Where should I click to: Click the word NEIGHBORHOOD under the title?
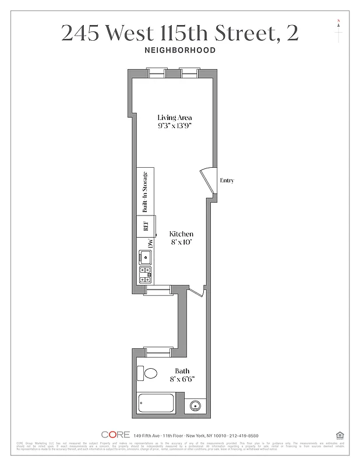(x=179, y=50)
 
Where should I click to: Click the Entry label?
(x=227, y=181)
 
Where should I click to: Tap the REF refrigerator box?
(x=146, y=226)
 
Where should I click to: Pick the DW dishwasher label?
(x=150, y=243)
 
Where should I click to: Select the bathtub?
(x=156, y=404)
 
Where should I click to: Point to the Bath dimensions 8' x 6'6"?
(x=182, y=379)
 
